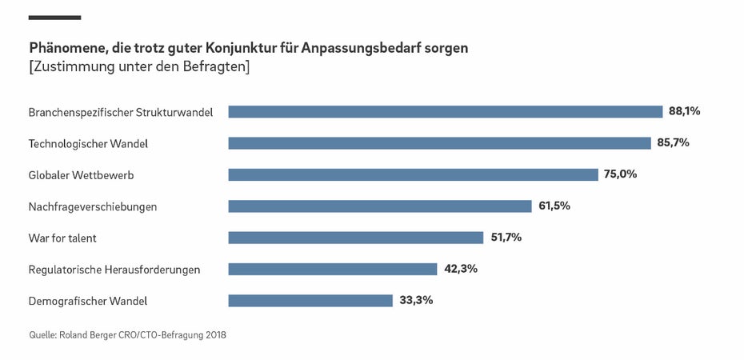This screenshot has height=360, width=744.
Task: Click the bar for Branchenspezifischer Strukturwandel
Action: click(445, 112)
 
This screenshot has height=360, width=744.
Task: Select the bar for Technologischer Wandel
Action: click(439, 143)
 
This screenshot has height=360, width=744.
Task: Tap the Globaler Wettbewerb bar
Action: click(413, 174)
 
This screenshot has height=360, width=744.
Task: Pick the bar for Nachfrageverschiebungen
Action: click(380, 206)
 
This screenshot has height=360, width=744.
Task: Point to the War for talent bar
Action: click(356, 238)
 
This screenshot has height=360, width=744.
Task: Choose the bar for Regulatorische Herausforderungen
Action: click(333, 269)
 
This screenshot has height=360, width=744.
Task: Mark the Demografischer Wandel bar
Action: click(310, 301)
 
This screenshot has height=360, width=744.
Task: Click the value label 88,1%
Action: click(685, 111)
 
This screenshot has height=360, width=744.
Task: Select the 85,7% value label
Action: click(673, 142)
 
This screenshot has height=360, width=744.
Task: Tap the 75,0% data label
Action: click(621, 174)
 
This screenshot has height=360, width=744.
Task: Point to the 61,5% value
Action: click(554, 206)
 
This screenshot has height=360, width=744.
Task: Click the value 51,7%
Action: click(506, 237)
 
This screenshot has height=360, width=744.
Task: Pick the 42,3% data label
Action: click(460, 268)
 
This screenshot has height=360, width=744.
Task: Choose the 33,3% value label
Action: click(416, 300)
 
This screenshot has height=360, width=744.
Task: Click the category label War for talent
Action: click(62, 238)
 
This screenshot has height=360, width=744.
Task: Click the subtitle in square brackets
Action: click(139, 67)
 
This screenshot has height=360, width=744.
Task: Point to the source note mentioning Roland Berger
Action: click(127, 335)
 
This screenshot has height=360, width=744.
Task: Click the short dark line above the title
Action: click(54, 17)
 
